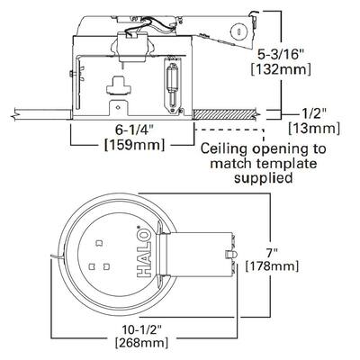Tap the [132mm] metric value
tap(281, 69)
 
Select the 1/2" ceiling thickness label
tap(313, 114)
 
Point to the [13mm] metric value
tap(314, 129)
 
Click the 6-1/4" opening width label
tap(134, 130)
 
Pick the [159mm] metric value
tap(134, 145)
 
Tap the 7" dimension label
tap(272, 253)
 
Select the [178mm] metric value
tap(272, 266)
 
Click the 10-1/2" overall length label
tap(142, 330)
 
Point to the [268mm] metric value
tap(142, 343)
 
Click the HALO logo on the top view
tap(143, 252)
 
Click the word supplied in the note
tap(263, 178)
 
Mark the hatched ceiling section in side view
tap(224, 114)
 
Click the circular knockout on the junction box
tap(238, 31)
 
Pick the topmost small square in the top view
tap(99, 242)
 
